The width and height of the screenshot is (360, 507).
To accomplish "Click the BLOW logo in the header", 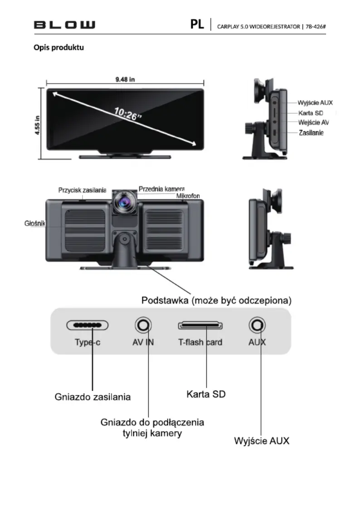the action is pyautogui.click(x=64, y=25).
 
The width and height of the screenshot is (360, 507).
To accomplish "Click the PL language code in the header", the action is pyautogui.click(x=197, y=24).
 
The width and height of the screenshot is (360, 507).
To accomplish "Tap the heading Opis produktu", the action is pyautogui.click(x=58, y=48).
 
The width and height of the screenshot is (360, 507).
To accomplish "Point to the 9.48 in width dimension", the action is pyautogui.click(x=125, y=79).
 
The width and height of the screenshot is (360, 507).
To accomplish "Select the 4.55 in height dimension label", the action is pyautogui.click(x=38, y=125).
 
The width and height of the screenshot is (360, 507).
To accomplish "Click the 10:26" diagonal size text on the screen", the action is pyautogui.click(x=128, y=113).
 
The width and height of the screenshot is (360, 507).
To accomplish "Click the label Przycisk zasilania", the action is pyautogui.click(x=82, y=190).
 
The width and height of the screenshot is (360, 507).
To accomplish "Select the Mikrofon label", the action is pyautogui.click(x=188, y=196).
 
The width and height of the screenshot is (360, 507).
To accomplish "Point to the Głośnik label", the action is pyautogui.click(x=34, y=223).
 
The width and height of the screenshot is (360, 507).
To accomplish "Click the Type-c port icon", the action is pyautogui.click(x=88, y=325).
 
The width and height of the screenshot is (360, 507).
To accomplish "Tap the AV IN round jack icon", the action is pyautogui.click(x=143, y=325).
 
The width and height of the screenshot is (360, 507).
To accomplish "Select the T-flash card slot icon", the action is pyautogui.click(x=200, y=325).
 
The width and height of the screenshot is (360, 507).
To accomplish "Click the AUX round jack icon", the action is pyautogui.click(x=257, y=325).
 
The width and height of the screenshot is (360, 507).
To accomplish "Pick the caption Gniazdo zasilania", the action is pyautogui.click(x=92, y=397).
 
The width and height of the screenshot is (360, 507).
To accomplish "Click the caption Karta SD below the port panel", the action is pyautogui.click(x=206, y=394).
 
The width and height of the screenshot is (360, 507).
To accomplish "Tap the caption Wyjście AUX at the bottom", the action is pyautogui.click(x=262, y=441).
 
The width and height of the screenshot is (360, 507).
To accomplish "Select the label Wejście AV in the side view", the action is pyautogui.click(x=313, y=122).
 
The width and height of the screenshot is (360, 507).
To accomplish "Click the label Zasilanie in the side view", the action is pyautogui.click(x=311, y=133).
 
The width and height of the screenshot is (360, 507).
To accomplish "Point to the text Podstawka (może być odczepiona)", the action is pyautogui.click(x=216, y=300).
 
